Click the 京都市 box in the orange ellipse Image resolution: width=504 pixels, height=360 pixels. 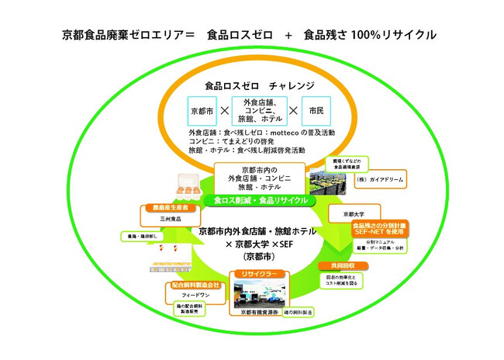204,110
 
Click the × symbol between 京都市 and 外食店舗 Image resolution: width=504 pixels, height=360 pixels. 225,110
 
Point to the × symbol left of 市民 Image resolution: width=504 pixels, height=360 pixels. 294,110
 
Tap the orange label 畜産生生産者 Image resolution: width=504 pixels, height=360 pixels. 165,209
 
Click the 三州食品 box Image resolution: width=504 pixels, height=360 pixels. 166,220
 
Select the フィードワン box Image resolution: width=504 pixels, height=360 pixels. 195,296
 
